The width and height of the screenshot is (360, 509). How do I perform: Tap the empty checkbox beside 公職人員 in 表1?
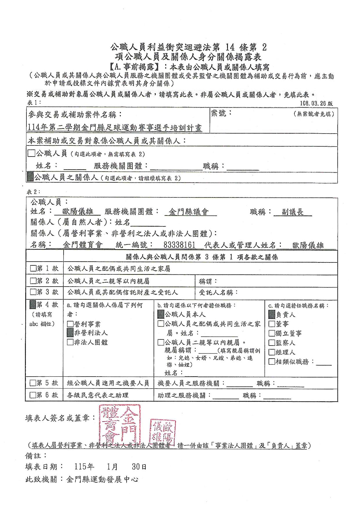[31, 153]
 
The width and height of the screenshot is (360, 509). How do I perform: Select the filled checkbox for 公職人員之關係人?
[30, 177]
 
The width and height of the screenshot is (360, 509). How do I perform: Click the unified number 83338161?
[179, 245]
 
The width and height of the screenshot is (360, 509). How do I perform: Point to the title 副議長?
[293, 212]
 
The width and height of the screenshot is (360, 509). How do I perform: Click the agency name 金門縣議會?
[189, 212]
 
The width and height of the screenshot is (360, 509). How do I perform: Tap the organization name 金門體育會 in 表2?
[83, 245]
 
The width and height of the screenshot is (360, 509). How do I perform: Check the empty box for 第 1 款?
[33, 268]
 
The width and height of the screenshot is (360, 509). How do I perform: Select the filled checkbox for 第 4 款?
[33, 305]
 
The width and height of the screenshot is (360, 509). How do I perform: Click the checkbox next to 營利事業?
[70, 324]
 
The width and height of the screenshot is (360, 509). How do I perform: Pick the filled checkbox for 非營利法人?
[70, 333]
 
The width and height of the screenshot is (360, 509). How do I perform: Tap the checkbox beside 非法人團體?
[70, 342]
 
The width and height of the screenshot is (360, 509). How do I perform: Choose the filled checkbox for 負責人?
[272, 314]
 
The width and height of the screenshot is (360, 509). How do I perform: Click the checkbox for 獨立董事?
[272, 333]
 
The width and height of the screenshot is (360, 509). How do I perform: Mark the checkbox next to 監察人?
[272, 343]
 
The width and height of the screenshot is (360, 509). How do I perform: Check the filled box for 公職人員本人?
[161, 314]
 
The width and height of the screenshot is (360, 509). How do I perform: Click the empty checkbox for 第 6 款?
[33, 395]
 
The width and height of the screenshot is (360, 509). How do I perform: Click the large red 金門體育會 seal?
[120, 425]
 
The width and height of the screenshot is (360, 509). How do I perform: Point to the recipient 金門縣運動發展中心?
[102, 479]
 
